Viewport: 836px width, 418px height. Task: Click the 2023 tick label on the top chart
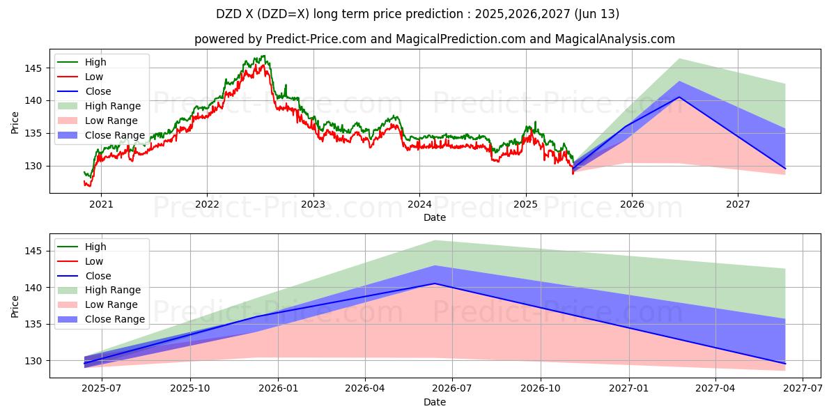click(x=313, y=204)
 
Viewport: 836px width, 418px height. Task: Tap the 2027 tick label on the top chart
click(x=738, y=204)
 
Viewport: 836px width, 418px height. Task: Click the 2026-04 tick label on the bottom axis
click(x=365, y=389)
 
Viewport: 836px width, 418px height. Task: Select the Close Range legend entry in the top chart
click(x=115, y=135)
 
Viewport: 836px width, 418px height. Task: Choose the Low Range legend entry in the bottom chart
click(x=112, y=304)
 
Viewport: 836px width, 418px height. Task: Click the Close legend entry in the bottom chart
click(x=98, y=276)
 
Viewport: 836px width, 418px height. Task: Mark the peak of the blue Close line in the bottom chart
click(x=435, y=284)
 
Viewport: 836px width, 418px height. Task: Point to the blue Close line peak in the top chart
click(x=679, y=97)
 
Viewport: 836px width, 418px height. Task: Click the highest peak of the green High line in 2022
click(x=263, y=56)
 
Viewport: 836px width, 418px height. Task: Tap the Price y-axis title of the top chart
click(x=15, y=122)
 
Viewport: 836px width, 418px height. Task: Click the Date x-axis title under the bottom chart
click(x=435, y=402)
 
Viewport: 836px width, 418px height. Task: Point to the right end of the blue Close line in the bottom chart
click(x=785, y=364)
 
